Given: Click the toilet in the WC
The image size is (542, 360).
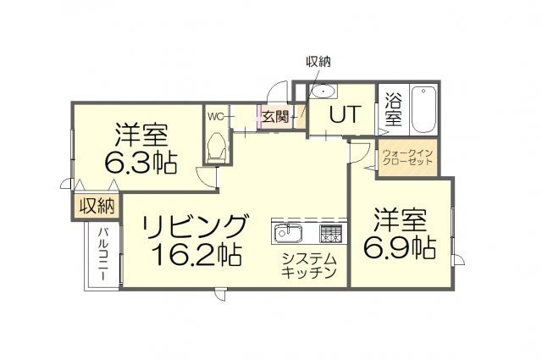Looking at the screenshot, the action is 217,147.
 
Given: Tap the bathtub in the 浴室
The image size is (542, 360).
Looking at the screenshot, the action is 423,109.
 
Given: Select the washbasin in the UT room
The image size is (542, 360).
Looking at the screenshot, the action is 324,91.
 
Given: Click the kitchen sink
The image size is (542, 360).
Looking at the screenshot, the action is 288,233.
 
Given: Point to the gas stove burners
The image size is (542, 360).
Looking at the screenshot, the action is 331,233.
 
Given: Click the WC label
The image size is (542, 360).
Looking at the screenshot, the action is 217,117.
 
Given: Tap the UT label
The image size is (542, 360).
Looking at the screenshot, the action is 345,114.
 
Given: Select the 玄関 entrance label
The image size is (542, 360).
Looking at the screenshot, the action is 274,117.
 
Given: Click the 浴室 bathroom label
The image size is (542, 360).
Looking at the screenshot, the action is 393,110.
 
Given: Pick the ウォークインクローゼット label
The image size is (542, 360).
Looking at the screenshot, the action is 408,157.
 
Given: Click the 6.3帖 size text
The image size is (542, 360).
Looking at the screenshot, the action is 141,162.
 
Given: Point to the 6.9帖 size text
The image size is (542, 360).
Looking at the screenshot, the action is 399,247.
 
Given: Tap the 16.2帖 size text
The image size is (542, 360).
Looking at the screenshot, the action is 196,254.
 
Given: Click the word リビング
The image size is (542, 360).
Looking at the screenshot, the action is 196,227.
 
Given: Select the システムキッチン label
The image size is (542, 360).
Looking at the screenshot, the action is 309,266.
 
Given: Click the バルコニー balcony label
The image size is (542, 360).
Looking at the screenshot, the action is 102,254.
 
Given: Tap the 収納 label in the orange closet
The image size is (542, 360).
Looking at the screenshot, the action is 97,207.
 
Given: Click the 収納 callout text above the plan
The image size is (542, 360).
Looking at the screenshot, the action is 318,62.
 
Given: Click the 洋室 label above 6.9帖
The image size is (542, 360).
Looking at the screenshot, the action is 400,220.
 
